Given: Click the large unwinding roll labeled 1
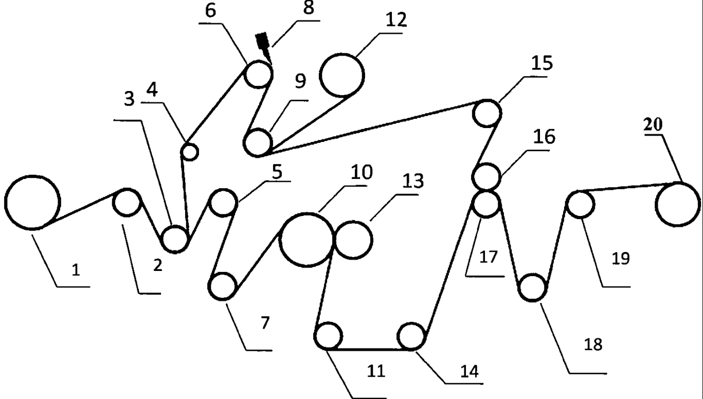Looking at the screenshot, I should [32, 202].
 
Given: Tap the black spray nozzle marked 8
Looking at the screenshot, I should [263, 42].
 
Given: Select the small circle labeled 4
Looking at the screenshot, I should [190, 151].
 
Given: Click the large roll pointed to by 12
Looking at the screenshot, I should [342, 75].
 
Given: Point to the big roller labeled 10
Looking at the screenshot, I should [307, 240].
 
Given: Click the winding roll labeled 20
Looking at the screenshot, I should [677, 204].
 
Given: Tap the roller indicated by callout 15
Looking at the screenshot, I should [486, 113].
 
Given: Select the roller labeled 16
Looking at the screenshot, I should [486, 176].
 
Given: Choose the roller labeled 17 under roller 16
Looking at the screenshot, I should [486, 204].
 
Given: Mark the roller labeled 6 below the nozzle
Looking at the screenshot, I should [258, 75].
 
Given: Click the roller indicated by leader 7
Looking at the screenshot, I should [223, 286].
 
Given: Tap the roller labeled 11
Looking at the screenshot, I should [329, 337].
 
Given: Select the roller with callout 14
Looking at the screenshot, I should [412, 337].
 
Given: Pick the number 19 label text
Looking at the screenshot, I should [621, 259].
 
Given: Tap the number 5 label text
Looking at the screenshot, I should [277, 172].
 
